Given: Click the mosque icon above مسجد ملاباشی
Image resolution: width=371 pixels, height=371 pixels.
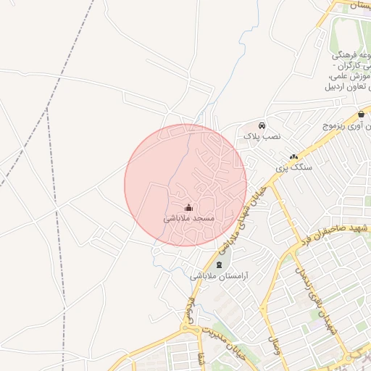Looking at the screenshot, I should tap(189, 207).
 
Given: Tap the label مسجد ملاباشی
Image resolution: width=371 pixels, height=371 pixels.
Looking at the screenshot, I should tap(188, 218).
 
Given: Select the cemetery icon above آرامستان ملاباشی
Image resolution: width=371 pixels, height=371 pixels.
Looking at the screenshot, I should tap(220, 264).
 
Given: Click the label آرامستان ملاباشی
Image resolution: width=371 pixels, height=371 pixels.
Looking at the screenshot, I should tap(220, 276).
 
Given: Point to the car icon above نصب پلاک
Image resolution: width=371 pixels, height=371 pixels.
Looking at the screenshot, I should tap(262, 125).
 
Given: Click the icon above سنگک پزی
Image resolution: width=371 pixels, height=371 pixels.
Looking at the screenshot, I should tap(293, 157).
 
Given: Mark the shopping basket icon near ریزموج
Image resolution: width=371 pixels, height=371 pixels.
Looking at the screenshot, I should tap(361, 114).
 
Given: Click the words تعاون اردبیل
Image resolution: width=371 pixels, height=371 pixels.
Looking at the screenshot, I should tap(341, 87).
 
